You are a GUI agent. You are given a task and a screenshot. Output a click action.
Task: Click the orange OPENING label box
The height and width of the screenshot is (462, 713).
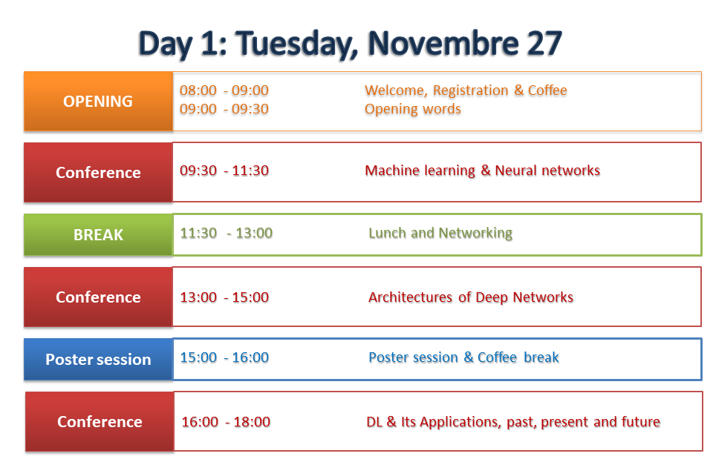coord(98,101)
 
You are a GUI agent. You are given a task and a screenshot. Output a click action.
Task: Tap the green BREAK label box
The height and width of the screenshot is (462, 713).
coord(98,234)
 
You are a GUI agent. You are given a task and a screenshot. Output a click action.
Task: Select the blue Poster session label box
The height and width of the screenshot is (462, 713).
coord(98,359)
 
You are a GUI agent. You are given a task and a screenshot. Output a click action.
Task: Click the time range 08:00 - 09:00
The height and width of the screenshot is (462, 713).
coord(224,90)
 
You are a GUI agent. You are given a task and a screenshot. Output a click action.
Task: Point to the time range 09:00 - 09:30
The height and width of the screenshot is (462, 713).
coord(224,109)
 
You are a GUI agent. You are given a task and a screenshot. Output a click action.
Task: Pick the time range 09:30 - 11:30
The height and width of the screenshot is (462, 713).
coord(224,171)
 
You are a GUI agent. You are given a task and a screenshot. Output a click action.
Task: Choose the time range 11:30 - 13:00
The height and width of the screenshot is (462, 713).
coord(227,233)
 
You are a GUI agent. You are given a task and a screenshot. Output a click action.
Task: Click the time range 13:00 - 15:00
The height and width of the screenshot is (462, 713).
coord(224,297)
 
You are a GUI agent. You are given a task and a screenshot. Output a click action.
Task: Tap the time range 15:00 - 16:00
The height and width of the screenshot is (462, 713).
coord(224,357)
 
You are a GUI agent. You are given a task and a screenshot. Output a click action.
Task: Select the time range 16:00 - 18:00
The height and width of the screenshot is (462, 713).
coord(226,422)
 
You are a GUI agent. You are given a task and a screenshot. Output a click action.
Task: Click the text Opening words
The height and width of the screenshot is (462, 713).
coord(413,109)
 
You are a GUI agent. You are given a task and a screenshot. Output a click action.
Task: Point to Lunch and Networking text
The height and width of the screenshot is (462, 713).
coord(440,234)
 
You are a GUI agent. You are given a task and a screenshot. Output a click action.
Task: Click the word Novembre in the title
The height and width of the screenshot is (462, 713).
coord(443,44)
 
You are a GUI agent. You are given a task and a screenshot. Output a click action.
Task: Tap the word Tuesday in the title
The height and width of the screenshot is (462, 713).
coord(296,44)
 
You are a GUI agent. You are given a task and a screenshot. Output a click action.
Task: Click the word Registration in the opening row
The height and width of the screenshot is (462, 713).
coord(471,90)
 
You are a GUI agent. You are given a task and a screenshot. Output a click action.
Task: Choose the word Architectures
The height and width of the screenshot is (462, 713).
coord(410,297)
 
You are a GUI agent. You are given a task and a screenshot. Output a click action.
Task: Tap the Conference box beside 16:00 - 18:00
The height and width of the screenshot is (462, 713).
coord(100,422)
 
